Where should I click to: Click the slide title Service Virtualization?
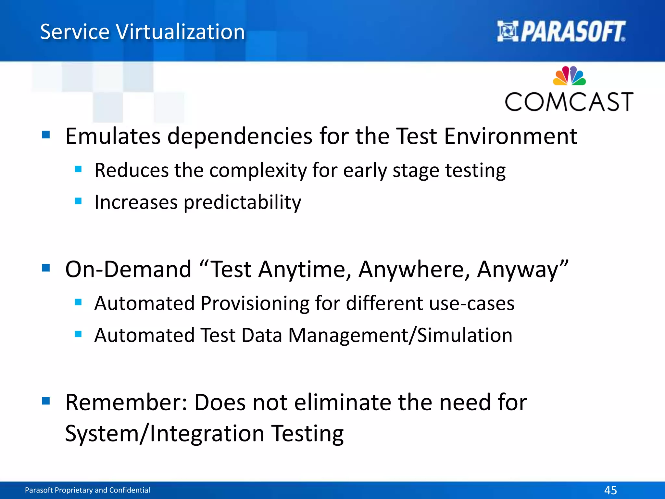pyautogui.click(x=142, y=32)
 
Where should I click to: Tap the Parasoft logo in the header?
pyautogui.click(x=561, y=32)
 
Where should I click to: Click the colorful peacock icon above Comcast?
pyautogui.click(x=569, y=76)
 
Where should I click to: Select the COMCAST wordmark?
pyautogui.click(x=569, y=102)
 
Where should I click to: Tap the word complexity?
pyautogui.click(x=258, y=170)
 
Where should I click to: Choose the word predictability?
pyautogui.click(x=242, y=202)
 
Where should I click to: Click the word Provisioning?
pyautogui.click(x=255, y=303)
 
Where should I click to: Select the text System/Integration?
pyautogui.click(x=165, y=433)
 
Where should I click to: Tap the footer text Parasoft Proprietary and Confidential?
pyautogui.click(x=87, y=490)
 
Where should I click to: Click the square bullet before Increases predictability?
pyautogui.click(x=78, y=201)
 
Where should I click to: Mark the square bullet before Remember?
pyautogui.click(x=46, y=401)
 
